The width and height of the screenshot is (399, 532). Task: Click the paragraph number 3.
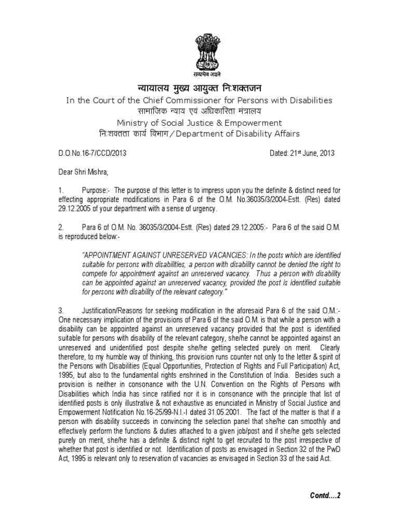pos(60,310)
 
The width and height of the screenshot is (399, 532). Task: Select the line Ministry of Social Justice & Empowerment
pos(199,123)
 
